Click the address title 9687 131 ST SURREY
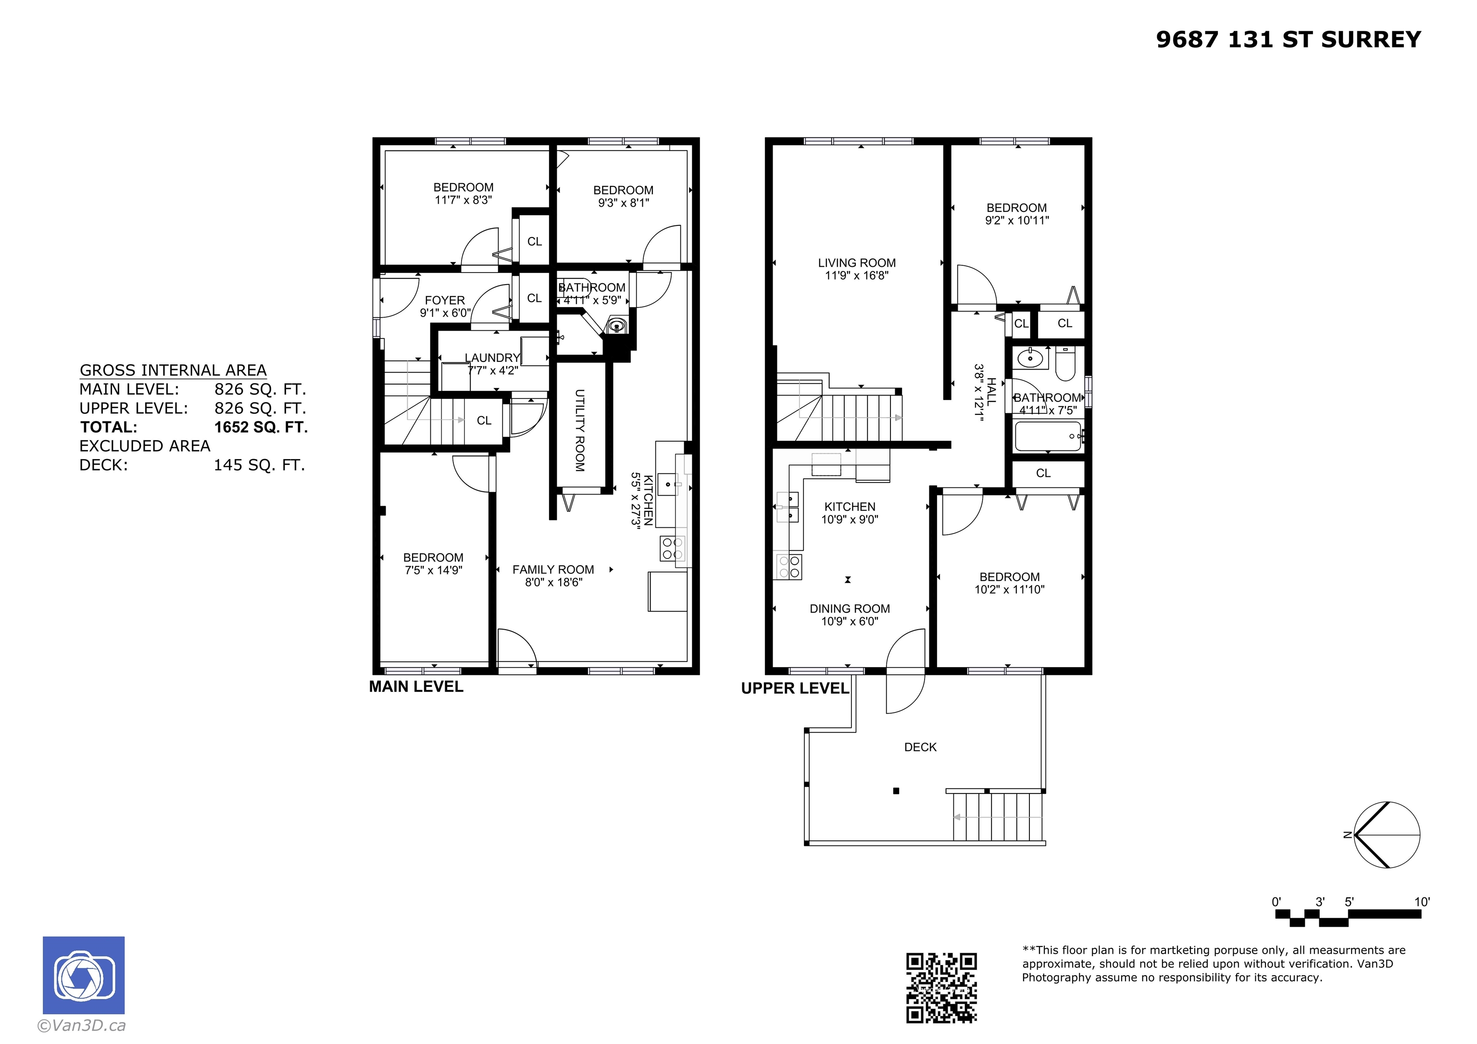click(1288, 40)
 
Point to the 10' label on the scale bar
click(1422, 901)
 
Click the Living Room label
click(856, 262)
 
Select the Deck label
click(920, 747)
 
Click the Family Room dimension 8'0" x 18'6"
click(553, 582)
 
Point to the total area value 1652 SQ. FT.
click(261, 427)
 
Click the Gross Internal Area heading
click(173, 370)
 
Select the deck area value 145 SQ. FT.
click(259, 465)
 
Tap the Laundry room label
click(492, 358)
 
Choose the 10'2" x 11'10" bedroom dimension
click(1009, 589)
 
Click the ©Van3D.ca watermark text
click(81, 1025)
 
